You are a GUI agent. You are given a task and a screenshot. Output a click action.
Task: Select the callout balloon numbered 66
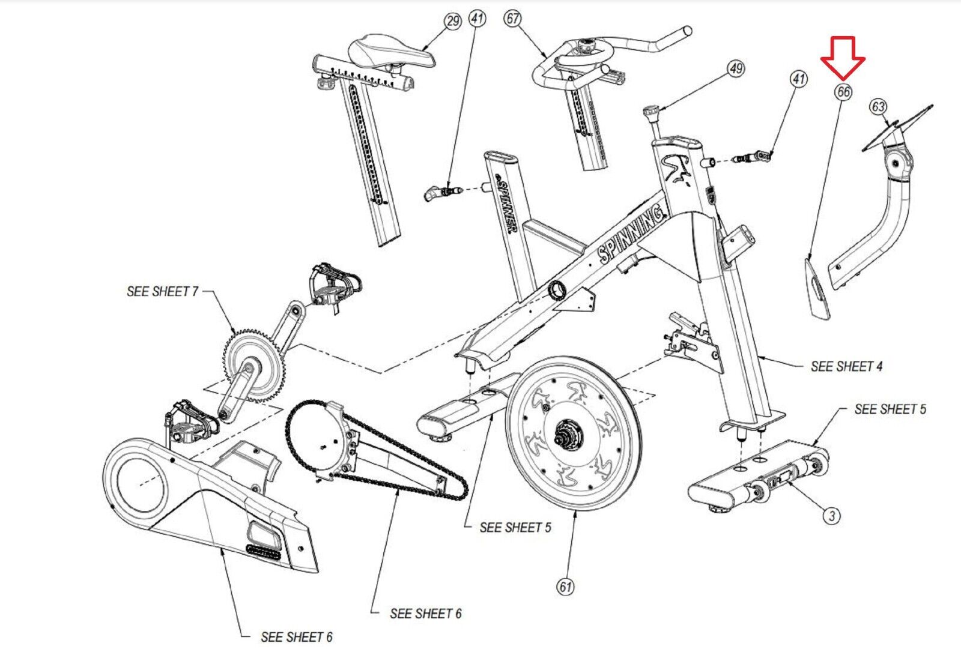click(x=843, y=92)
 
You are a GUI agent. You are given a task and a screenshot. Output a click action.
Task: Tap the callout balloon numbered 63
click(x=878, y=107)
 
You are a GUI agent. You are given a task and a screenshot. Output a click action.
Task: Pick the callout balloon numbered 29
click(x=452, y=22)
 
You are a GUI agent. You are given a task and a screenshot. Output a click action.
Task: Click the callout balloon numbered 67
click(x=512, y=19)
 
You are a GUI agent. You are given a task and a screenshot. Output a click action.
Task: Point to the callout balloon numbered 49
click(x=736, y=68)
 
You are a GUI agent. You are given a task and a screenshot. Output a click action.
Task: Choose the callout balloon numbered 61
click(x=565, y=586)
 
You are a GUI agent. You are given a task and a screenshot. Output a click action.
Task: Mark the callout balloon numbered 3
click(x=831, y=515)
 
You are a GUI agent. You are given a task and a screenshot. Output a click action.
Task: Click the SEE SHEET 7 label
click(x=162, y=291)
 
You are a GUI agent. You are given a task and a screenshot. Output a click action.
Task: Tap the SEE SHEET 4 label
click(x=846, y=366)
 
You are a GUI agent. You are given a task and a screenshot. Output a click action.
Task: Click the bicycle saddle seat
click(x=393, y=51)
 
